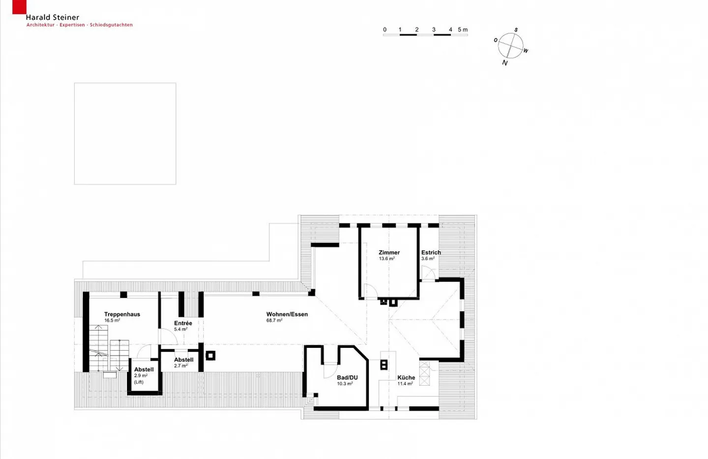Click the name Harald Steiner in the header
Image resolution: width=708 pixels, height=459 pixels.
pos(53,17)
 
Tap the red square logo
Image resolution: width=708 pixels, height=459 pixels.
pos(19,7)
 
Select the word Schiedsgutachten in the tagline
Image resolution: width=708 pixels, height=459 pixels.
pos(111,25)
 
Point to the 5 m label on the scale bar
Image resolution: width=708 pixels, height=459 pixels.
pos(463,30)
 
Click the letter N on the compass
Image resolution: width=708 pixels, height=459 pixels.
pos(505,63)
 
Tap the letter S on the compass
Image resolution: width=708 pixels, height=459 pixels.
pos(516,30)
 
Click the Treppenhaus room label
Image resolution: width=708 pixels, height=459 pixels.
pos(122,314)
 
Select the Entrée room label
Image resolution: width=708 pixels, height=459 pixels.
pos(183,323)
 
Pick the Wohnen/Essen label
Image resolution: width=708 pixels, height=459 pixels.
pos(287,314)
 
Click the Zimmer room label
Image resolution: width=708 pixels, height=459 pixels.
pos(389,252)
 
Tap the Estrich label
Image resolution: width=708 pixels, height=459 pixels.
pos(431,252)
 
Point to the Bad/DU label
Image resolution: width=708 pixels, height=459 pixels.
pos(347,377)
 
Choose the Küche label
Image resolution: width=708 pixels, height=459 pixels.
pos(406,377)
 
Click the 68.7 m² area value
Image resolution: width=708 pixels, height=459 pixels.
pos(274,320)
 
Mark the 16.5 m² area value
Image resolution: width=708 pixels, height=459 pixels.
pos(112,320)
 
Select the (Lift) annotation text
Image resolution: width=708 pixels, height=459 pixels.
pos(139,382)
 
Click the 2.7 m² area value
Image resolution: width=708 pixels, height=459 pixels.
pos(181,366)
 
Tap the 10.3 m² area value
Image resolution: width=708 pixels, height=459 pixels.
pos(345,383)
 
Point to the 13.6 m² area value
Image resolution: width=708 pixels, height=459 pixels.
pos(387,258)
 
